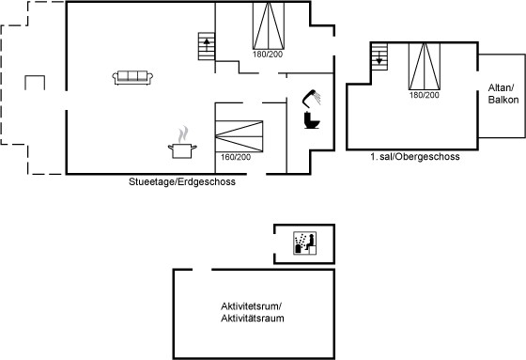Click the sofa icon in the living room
pos(132,78)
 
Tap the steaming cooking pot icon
pos(182,143)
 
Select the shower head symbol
pos(311,98)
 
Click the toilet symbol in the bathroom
pos(312,120)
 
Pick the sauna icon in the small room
pos(305,243)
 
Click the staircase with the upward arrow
pos(207,46)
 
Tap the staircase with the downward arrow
pos(379,56)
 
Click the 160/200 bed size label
pos(236,157)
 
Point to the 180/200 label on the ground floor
pos(268,55)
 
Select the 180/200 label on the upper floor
pos(424,95)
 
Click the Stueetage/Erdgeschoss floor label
pos(182,181)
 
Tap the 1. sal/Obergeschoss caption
pos(415,156)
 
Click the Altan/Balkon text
pos(503,94)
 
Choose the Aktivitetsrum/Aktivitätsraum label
pos(253,312)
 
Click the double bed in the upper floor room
pos(425,66)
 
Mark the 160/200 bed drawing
pos(239,136)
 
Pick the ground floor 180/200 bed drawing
pos(269,26)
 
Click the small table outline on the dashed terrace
pos(35,76)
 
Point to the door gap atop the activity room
pos(202,270)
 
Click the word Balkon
pos(503,100)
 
